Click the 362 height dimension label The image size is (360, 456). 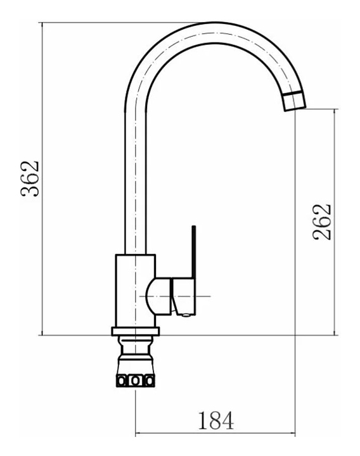tap(30, 178)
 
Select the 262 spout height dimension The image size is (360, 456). tap(322, 222)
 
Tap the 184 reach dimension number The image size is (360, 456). tap(216, 421)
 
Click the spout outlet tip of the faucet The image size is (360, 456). tap(295, 109)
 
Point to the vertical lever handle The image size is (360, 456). tap(194, 252)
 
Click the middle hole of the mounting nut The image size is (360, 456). tap(135, 381)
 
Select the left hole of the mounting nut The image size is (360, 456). tap(121, 381)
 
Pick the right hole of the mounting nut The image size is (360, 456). tap(149, 381)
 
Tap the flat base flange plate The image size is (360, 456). tap(136, 331)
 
